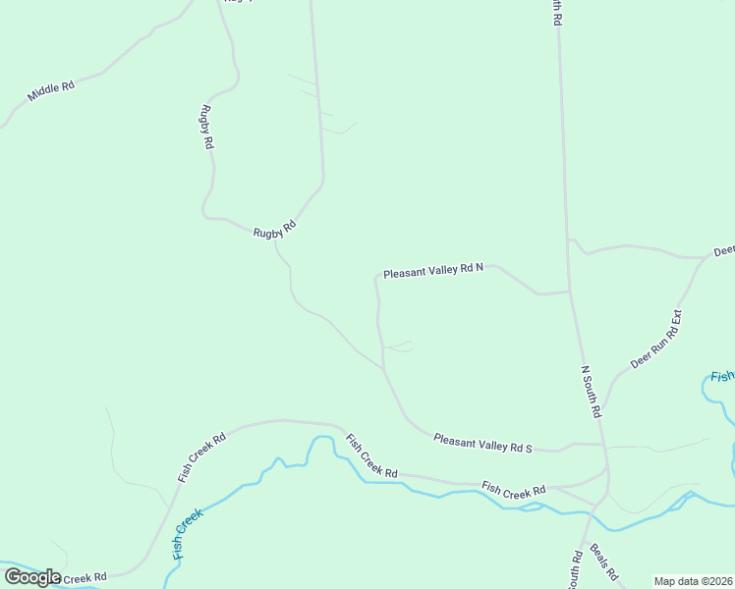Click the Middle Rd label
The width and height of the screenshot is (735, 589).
click(51, 91)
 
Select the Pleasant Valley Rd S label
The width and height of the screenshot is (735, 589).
click(482, 445)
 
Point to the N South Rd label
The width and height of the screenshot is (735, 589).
click(591, 393)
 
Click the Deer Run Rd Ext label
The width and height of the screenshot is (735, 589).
click(656, 340)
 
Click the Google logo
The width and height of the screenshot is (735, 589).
click(31, 577)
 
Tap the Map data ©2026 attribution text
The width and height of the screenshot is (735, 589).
click(693, 581)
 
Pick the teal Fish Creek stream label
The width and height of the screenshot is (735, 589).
click(188, 534)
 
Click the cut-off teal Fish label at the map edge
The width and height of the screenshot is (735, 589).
click(722, 376)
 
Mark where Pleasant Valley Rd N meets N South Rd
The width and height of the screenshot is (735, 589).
click(570, 291)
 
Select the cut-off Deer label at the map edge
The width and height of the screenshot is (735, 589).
click(724, 250)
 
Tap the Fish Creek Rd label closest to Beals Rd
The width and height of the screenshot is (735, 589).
click(513, 489)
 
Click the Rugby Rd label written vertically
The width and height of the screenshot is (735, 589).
click(207, 127)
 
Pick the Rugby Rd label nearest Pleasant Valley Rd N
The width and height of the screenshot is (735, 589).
click(274, 231)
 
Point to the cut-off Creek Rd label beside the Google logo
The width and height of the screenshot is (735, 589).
click(83, 577)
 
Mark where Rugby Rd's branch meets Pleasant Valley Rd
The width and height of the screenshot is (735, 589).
click(382, 369)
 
